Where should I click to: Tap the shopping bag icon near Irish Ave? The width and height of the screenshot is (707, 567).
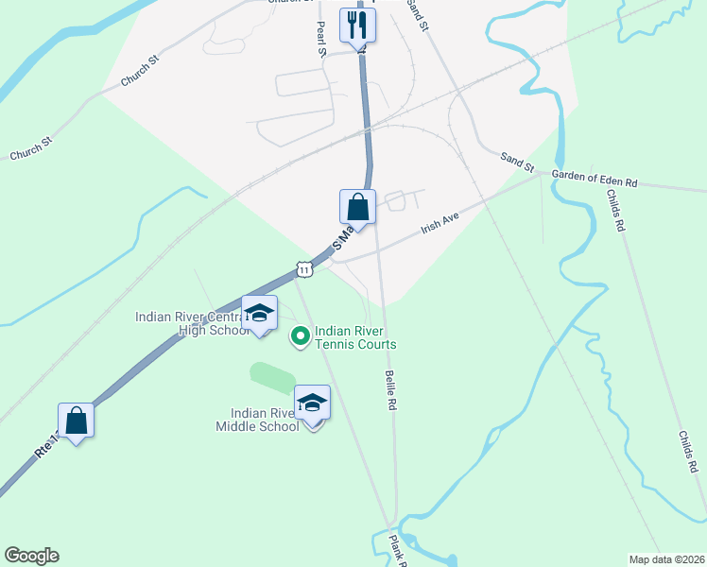pos(358,206)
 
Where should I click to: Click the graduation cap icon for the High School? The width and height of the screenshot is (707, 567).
pos(259,314)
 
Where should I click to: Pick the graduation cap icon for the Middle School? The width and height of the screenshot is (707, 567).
pos(312,404)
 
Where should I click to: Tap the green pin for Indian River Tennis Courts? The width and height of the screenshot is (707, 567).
pos(302,335)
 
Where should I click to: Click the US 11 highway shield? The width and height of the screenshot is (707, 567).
pos(303,270)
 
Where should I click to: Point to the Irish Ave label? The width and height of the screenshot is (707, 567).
pos(440,223)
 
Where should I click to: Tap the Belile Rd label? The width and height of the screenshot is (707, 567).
pos(391,388)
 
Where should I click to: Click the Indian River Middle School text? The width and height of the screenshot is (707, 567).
pos(266,420)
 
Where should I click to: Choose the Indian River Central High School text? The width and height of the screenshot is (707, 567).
pos(193,323)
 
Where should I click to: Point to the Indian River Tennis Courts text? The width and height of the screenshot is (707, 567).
pos(355,338)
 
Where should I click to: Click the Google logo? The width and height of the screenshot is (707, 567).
pos(31,556)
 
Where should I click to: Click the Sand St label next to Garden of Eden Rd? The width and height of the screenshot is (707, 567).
pos(518,163)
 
